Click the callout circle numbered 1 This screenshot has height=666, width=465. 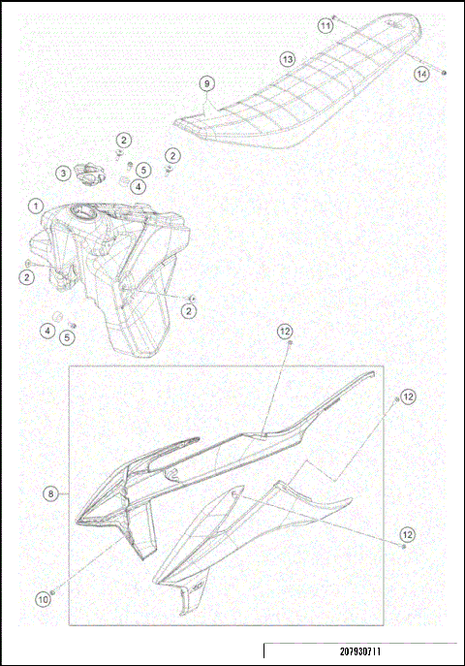point(35,206)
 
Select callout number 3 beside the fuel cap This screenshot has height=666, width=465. point(62,174)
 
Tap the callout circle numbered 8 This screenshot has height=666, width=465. point(49,493)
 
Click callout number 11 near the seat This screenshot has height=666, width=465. point(325,26)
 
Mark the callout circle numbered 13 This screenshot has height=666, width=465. point(288,59)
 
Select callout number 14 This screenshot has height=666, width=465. point(421,74)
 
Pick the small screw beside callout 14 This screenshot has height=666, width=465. point(444,73)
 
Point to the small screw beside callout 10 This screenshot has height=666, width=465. point(51,588)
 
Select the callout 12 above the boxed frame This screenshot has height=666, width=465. point(285,332)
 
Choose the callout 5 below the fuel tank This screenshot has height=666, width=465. point(66,337)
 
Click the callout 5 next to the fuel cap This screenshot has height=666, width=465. point(141,169)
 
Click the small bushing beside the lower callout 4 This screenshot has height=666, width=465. point(58,318)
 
